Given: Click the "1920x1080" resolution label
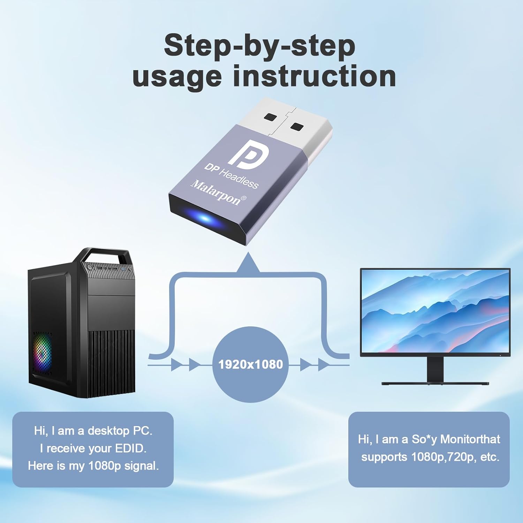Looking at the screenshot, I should click(x=250, y=364).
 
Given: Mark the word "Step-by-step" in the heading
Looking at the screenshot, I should click(x=259, y=45).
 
